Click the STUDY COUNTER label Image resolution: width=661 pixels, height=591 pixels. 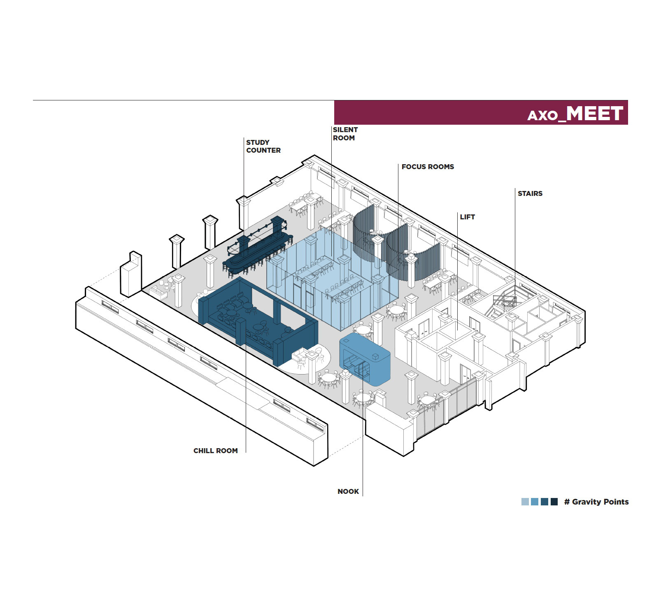(x=263, y=147)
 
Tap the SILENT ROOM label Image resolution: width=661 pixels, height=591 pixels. (x=345, y=134)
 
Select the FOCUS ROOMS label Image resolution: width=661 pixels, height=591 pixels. (x=428, y=167)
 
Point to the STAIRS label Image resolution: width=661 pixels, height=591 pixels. (x=530, y=193)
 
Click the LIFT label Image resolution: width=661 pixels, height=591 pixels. (x=468, y=217)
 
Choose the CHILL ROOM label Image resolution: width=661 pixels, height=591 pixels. (x=216, y=451)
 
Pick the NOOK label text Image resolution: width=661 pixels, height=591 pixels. (x=348, y=491)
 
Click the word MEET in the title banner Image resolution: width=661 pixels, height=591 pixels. (x=595, y=113)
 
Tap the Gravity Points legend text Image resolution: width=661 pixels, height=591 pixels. (x=596, y=502)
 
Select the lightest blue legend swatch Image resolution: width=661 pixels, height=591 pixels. (x=525, y=502)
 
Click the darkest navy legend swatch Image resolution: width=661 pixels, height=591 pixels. (x=554, y=502)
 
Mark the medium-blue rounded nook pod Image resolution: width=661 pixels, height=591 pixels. (x=365, y=358)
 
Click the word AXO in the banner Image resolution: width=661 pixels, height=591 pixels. (x=542, y=116)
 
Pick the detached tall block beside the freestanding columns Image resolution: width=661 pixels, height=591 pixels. (x=131, y=274)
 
